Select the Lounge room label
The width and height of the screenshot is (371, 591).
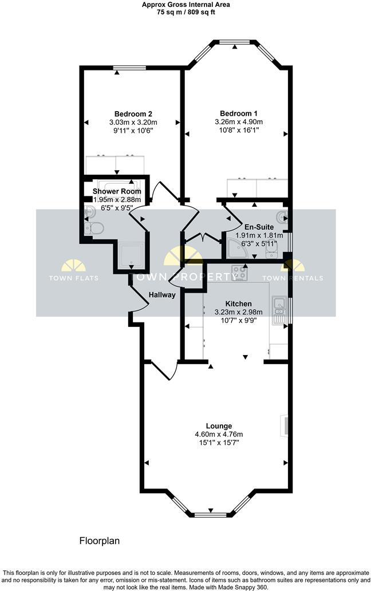[219, 425]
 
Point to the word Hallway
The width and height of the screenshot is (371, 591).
[162, 294]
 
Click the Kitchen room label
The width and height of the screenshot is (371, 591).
[238, 304]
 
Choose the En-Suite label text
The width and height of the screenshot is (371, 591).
[256, 226]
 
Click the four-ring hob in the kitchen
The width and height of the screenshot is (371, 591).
[239, 273]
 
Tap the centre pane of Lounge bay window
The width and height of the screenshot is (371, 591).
[211, 514]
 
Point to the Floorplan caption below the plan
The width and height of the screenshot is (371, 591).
[99, 540]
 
